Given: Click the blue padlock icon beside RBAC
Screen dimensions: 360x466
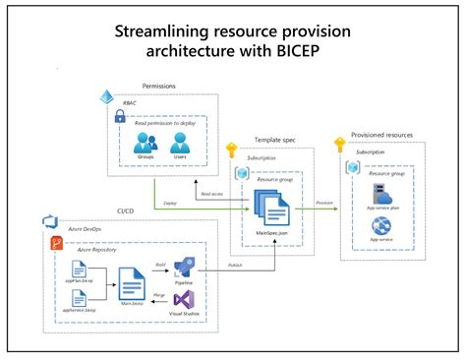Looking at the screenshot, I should pyautogui.click(x=119, y=115).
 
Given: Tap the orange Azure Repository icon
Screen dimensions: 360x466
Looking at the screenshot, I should pyautogui.click(x=57, y=243).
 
